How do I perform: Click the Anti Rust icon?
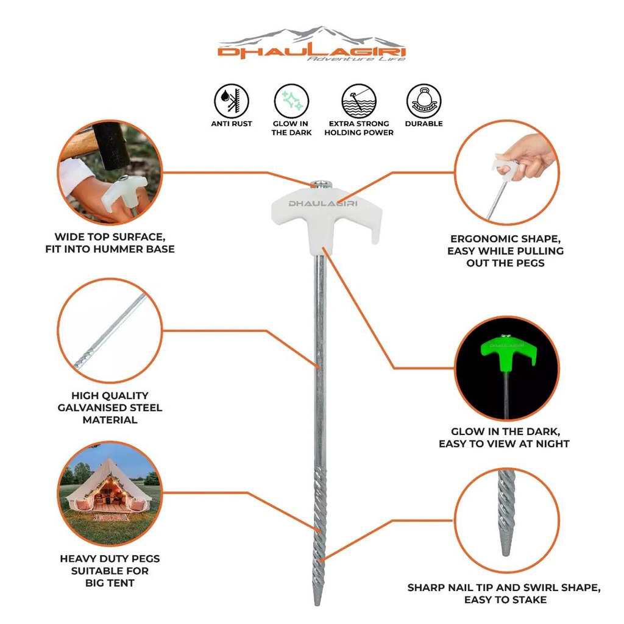click(232, 101)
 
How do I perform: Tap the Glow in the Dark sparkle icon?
click(291, 101)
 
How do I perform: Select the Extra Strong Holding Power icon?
click(358, 101)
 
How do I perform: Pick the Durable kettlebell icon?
click(424, 101)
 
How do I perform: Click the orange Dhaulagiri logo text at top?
click(311, 52)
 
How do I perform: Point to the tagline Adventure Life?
click(355, 60)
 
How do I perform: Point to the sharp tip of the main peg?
click(317, 600)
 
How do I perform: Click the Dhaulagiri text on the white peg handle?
click(323, 203)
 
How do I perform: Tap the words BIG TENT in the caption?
click(110, 583)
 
